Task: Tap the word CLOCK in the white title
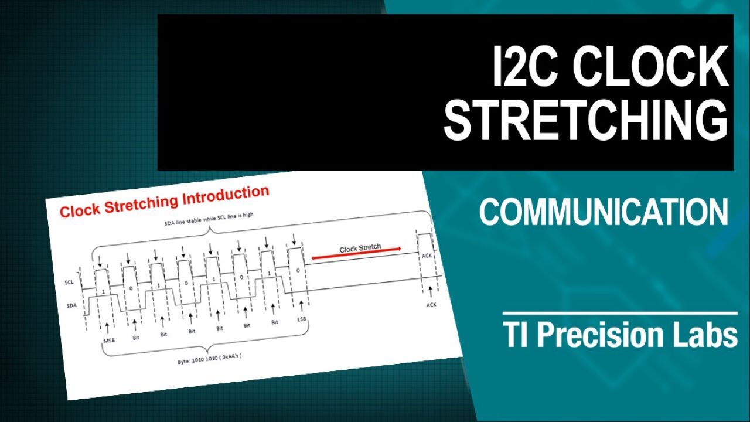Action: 650,66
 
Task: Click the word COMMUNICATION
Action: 604,212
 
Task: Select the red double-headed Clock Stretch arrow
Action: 356,253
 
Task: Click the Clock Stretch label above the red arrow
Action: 360,248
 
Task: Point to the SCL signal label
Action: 69,282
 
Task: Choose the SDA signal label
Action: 71,305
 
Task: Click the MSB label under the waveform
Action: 109,341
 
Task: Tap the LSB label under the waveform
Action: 302,319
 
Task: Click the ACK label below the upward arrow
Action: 431,304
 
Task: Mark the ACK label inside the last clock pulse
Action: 427,256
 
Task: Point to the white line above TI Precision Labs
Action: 620,314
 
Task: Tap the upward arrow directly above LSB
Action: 301,306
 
